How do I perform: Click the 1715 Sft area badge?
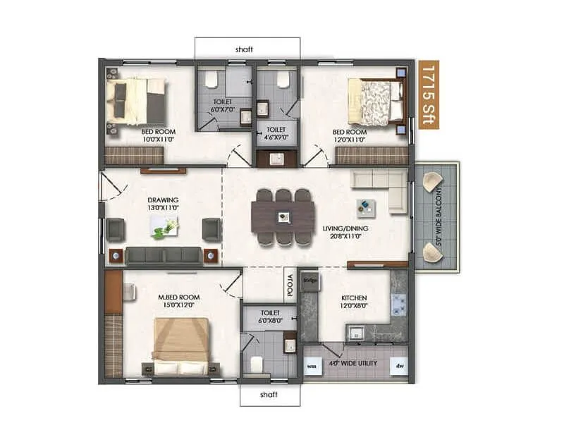[426, 94]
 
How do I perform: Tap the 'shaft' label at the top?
[244, 49]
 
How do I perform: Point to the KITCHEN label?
[354, 298]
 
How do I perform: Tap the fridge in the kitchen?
[309, 281]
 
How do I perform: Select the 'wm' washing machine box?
[312, 366]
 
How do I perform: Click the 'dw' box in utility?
[400, 366]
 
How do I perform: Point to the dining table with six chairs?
[283, 217]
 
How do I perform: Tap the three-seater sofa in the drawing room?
[164, 255]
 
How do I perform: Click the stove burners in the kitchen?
[400, 305]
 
